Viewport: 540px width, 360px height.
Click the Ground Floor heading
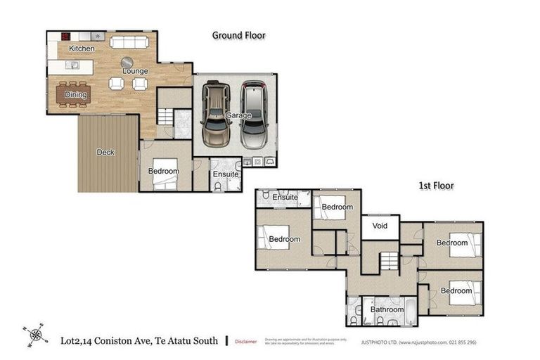click(x=238, y=34)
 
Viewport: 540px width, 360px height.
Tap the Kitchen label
click(x=82, y=48)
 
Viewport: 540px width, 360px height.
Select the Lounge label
click(x=134, y=71)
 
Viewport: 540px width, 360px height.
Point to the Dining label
click(x=76, y=95)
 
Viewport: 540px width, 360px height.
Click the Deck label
click(x=105, y=153)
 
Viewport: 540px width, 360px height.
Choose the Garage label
click(x=238, y=115)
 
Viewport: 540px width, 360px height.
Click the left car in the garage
click(x=214, y=115)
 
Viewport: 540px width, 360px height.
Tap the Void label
click(x=380, y=227)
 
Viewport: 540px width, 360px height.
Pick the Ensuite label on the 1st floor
click(x=285, y=198)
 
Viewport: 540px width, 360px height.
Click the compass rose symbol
click(x=35, y=335)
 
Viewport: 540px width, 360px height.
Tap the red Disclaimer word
click(x=246, y=341)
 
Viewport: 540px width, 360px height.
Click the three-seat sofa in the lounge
click(x=129, y=41)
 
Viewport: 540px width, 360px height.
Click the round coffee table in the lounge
click(x=127, y=62)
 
